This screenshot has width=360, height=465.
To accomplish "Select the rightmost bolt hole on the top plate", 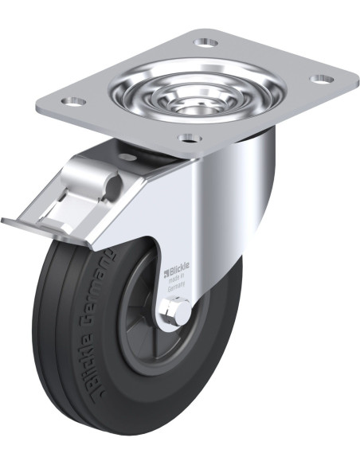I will pyautogui.click(x=323, y=79).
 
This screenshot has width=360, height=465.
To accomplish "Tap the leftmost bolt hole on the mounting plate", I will pyautogui.click(x=72, y=102).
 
